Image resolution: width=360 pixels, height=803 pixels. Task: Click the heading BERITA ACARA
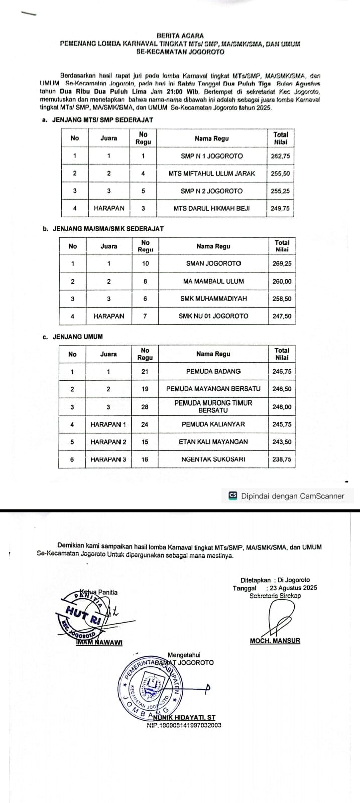click(180, 36)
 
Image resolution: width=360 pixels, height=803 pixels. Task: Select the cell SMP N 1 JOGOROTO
click(211, 156)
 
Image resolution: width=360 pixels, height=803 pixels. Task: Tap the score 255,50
click(280, 173)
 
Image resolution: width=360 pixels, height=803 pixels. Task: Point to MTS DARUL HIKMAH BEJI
click(211, 208)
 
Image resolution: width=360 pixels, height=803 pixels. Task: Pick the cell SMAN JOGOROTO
click(213, 263)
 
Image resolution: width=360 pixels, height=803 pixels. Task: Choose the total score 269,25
click(282, 263)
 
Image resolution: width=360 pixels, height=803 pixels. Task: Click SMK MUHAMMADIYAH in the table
click(213, 299)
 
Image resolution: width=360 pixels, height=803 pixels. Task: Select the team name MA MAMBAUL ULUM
click(213, 281)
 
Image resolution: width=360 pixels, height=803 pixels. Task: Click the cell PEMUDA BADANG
click(213, 371)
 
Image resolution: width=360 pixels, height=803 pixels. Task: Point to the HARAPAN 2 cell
click(108, 442)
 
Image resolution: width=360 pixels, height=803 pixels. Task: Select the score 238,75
click(282, 459)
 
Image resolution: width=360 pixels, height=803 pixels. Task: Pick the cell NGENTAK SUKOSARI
click(213, 459)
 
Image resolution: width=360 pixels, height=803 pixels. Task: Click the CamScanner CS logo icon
click(232, 496)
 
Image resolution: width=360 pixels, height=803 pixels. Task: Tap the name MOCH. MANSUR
click(275, 641)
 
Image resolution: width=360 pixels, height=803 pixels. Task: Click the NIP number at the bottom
click(184, 725)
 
